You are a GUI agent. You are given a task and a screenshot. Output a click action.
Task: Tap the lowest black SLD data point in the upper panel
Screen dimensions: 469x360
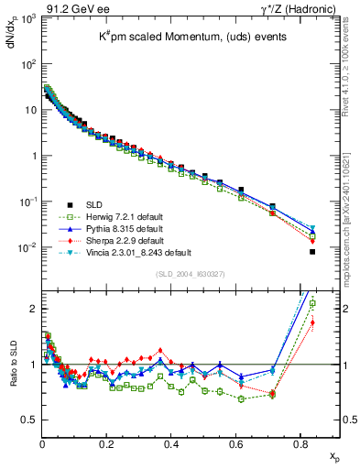pos(312,252)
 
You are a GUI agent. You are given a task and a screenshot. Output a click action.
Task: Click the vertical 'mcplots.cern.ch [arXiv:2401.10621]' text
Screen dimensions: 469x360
pos(349,192)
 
